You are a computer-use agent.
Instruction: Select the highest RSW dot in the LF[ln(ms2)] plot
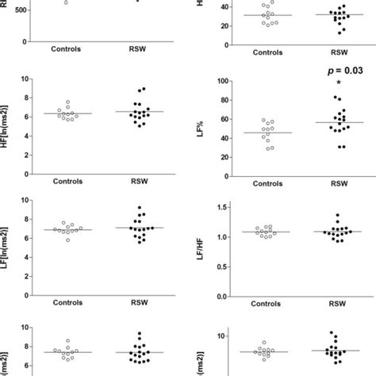pyautogui.click(x=140, y=208)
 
